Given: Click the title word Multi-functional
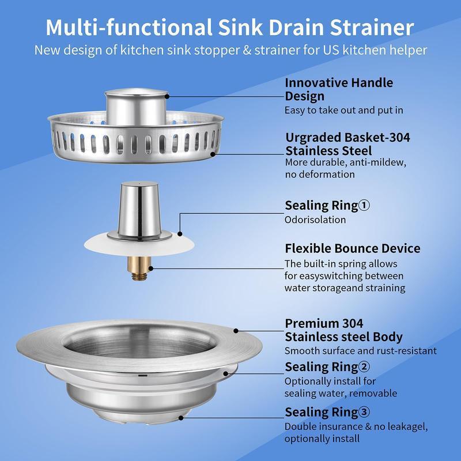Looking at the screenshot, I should (124, 27).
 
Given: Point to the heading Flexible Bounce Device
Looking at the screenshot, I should (352, 248).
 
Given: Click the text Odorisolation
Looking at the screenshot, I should (315, 220).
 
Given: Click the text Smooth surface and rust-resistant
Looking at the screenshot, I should (360, 350).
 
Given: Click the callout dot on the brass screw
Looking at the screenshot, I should (150, 267).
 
